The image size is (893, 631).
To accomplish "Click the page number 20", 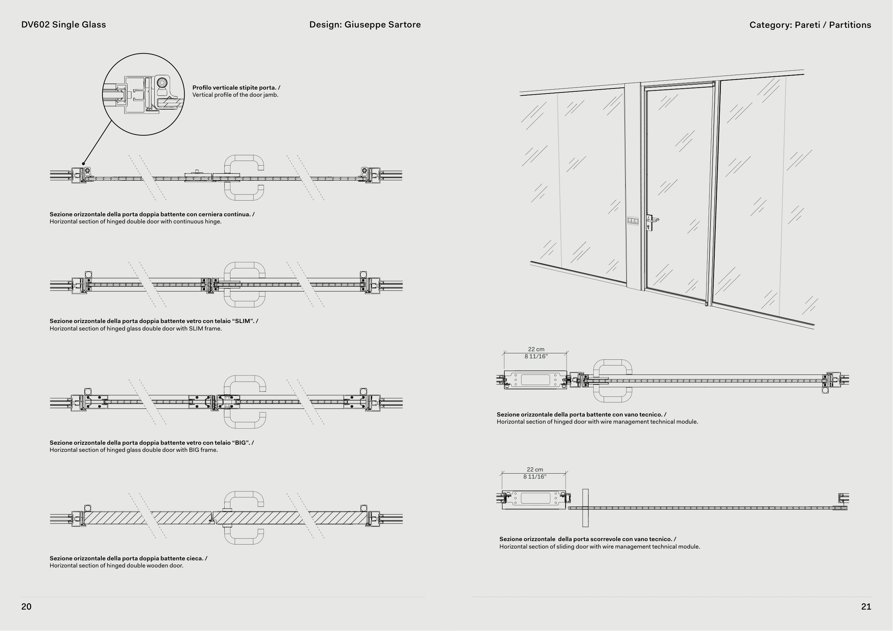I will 26,606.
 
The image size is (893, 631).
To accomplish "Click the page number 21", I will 866,606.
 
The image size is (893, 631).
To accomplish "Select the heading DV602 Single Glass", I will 63,25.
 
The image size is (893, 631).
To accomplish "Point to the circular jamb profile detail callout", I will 143,95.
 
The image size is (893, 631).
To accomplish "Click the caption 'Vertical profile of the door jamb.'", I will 235,95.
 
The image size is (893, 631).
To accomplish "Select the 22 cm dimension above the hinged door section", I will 536,349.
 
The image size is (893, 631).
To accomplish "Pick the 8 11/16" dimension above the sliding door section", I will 535,477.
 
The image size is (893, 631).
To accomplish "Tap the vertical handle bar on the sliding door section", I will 585,508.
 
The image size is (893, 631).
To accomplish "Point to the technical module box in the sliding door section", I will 534,499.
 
